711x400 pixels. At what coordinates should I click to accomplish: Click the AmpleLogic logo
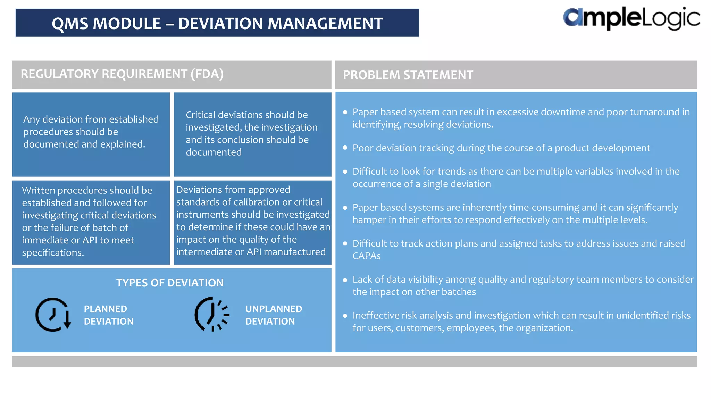point(631,19)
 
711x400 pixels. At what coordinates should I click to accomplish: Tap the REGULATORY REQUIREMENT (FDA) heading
point(122,74)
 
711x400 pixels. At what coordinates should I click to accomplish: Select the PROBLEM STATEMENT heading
point(408,75)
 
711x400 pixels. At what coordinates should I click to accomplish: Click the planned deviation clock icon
point(53,315)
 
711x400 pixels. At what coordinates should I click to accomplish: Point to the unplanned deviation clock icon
point(211,314)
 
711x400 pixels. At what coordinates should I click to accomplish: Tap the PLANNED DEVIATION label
point(108,315)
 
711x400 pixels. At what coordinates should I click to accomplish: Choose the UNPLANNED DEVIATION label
point(273,315)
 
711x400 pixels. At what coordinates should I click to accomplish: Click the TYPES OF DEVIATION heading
point(170,283)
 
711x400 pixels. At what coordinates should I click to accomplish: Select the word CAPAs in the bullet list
point(366,256)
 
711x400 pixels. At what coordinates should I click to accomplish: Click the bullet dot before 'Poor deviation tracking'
point(345,148)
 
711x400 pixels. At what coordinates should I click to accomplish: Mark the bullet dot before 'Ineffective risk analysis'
point(345,316)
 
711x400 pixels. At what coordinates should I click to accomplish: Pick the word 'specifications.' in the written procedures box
point(53,253)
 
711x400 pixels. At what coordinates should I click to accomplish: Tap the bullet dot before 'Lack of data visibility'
point(345,280)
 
